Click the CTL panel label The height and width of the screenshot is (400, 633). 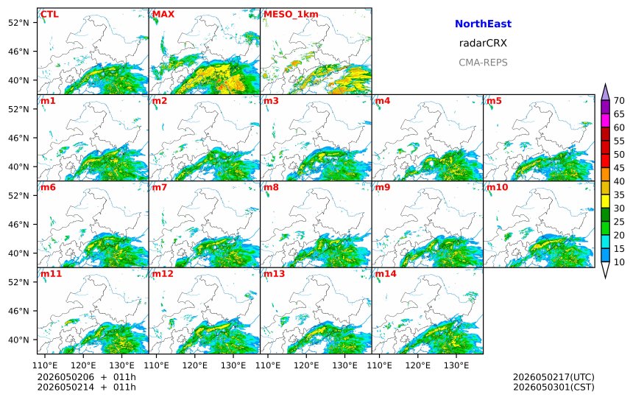[49, 15]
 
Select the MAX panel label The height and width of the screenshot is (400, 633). [163, 15]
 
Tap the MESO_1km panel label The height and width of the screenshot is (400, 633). [291, 15]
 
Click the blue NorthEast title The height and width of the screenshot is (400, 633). [483, 24]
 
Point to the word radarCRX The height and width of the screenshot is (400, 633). [483, 43]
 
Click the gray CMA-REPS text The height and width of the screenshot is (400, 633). [483, 63]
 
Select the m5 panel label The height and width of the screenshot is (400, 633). [494, 101]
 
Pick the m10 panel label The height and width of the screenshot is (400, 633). [497, 187]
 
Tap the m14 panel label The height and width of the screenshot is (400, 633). [386, 274]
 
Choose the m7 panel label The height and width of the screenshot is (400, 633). [160, 187]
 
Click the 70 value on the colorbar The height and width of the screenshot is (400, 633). [619, 101]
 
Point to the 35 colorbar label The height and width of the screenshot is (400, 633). [619, 194]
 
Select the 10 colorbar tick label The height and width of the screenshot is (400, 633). [619, 262]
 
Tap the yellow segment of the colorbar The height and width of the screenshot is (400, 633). [605, 202]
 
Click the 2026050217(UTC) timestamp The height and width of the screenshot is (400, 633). [554, 377]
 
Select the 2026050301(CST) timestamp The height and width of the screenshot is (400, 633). [554, 387]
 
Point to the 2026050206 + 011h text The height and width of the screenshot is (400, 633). [87, 377]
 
